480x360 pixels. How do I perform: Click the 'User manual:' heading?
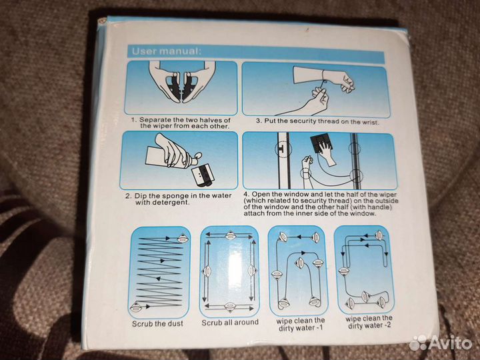coord(167,51)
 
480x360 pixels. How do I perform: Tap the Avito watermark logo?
coord(440,342)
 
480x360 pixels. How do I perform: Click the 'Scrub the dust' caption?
coord(157,323)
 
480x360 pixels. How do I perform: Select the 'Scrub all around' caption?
coord(230,323)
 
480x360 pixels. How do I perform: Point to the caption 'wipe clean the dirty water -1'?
coord(300,325)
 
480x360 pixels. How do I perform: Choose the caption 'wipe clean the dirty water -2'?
coord(369,322)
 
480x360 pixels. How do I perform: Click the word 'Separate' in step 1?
coord(155,120)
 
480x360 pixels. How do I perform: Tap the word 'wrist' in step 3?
coord(370,122)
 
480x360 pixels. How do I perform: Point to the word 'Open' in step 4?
coord(259,195)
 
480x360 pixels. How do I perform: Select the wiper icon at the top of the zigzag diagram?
coord(183,239)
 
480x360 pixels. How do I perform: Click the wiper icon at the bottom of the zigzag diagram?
coord(135,307)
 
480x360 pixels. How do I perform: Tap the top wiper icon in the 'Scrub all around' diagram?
coord(230,236)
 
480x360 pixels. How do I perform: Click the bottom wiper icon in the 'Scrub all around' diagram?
coord(230,307)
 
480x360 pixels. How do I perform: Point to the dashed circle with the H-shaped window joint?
coord(283,149)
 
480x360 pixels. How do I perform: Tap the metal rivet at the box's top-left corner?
coord(102,21)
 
